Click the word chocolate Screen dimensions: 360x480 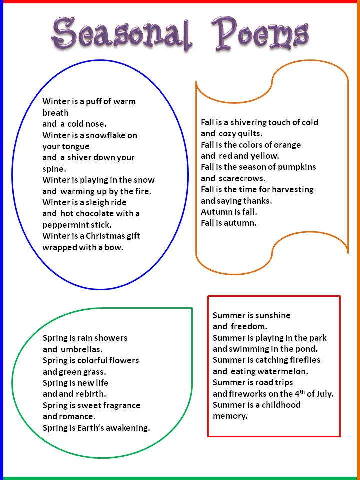94,213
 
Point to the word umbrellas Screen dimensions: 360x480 81,349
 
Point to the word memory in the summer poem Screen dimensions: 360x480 230,417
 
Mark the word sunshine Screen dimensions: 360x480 273,315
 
